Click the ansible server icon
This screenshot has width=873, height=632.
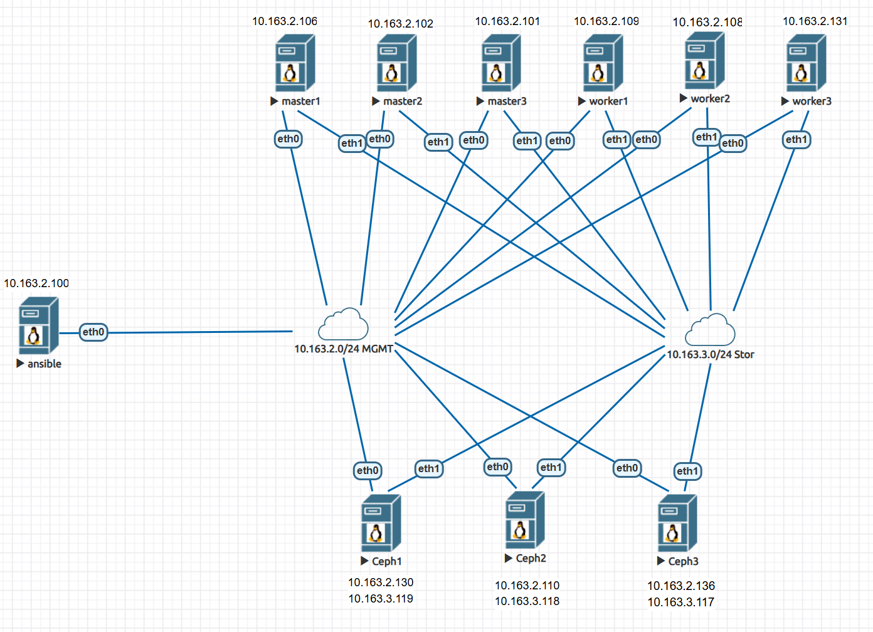(39, 326)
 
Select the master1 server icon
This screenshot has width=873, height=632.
(295, 63)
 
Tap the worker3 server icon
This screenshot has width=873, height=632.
(806, 63)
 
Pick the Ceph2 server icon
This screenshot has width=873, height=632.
(525, 520)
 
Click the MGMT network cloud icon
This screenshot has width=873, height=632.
(343, 324)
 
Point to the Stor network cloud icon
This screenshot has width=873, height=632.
(710, 330)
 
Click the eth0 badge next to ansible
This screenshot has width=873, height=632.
(93, 332)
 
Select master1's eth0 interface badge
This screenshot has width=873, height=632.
(288, 139)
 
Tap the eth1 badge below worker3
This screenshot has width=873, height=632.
(796, 140)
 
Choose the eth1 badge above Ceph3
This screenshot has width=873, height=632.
(687, 471)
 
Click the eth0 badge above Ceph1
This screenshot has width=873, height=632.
(368, 471)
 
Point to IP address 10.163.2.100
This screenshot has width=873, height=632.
(36, 283)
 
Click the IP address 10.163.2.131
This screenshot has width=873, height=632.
(815, 21)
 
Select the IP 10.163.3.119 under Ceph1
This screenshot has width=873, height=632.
(381, 599)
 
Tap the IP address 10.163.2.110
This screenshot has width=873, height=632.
(527, 586)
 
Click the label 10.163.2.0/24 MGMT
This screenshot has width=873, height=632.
(344, 349)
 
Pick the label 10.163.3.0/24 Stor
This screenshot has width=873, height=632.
(710, 355)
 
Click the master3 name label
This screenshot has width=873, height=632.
(507, 102)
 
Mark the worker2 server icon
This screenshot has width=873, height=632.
(704, 61)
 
